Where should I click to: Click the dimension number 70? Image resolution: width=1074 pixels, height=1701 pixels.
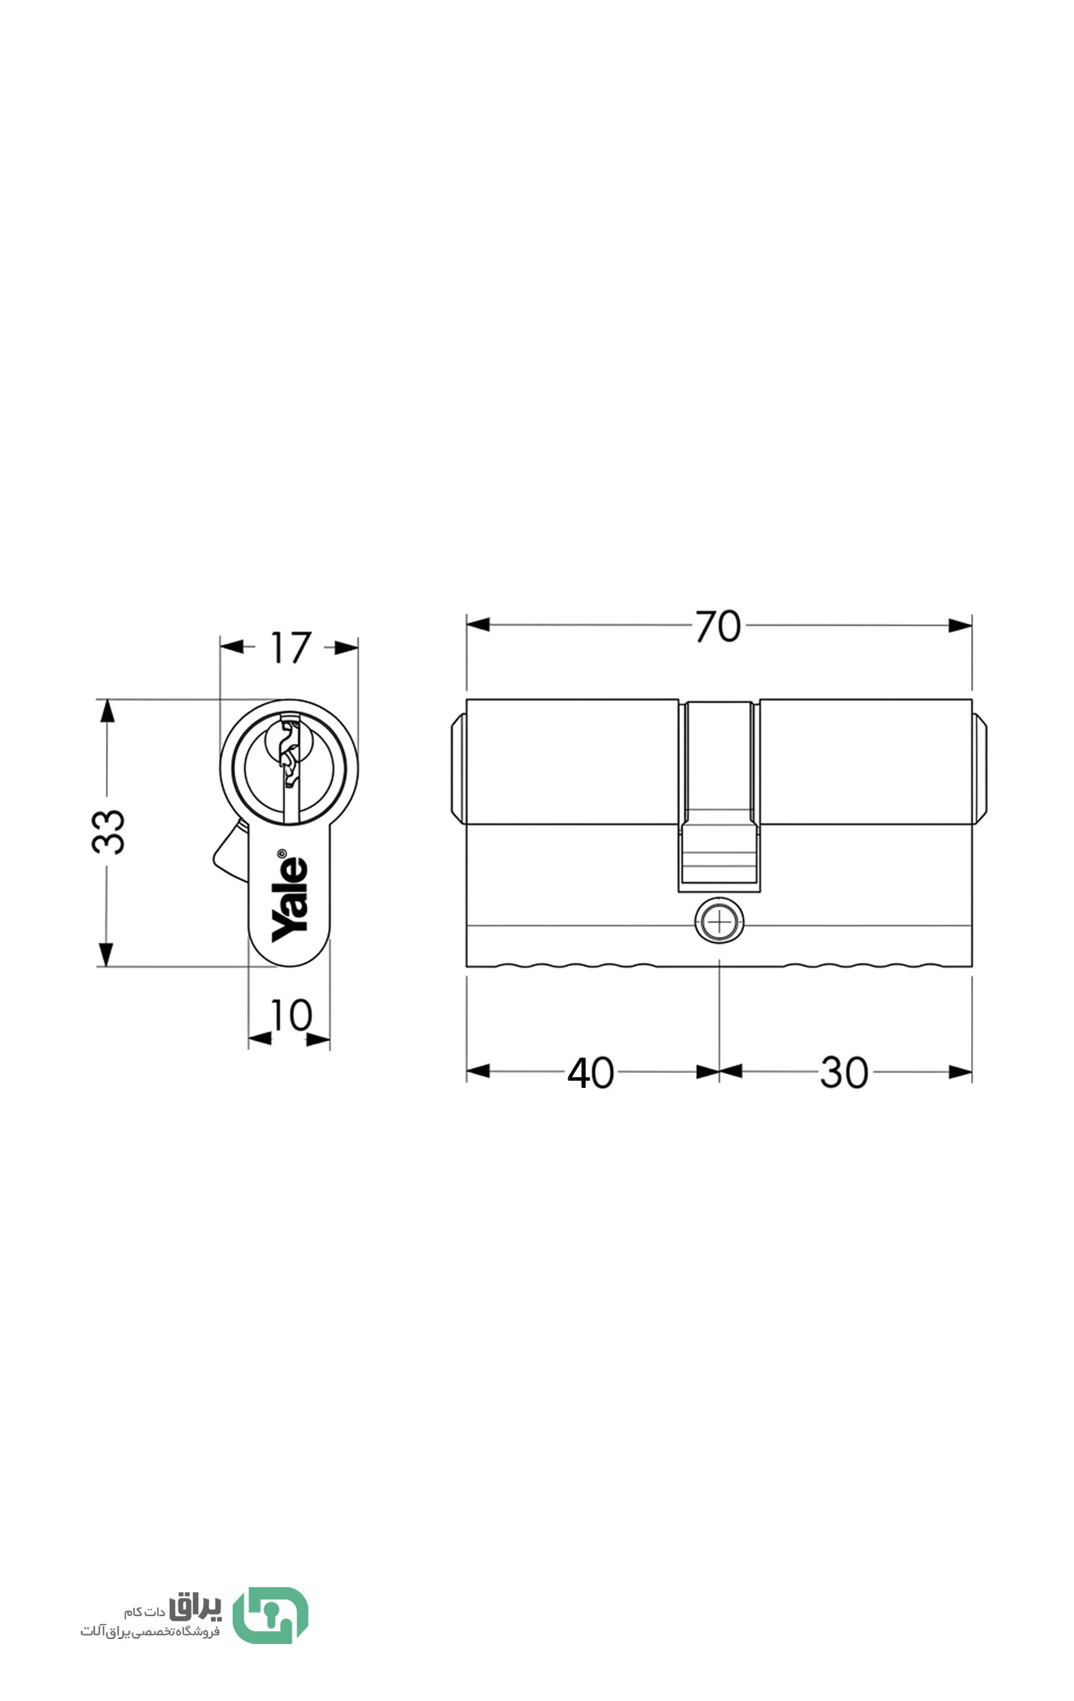click(717, 626)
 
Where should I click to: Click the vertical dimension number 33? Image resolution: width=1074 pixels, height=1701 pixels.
click(109, 831)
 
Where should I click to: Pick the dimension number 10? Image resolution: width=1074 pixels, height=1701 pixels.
click(290, 1015)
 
